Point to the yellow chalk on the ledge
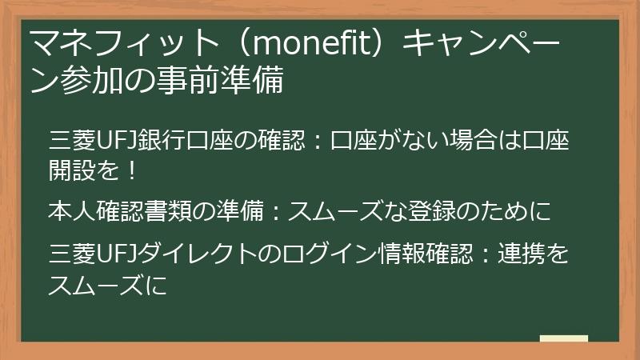tap(563, 338)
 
